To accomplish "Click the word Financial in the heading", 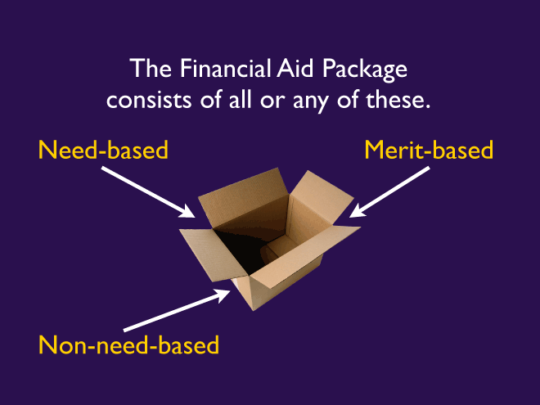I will click(x=212, y=70).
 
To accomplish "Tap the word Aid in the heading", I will click(x=292, y=70).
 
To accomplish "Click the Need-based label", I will click(x=103, y=151).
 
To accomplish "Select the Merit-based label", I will click(x=430, y=151).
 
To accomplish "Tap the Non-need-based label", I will click(x=129, y=344).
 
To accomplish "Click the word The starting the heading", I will click(x=148, y=70).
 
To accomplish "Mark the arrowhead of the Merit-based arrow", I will click(x=357, y=213).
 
